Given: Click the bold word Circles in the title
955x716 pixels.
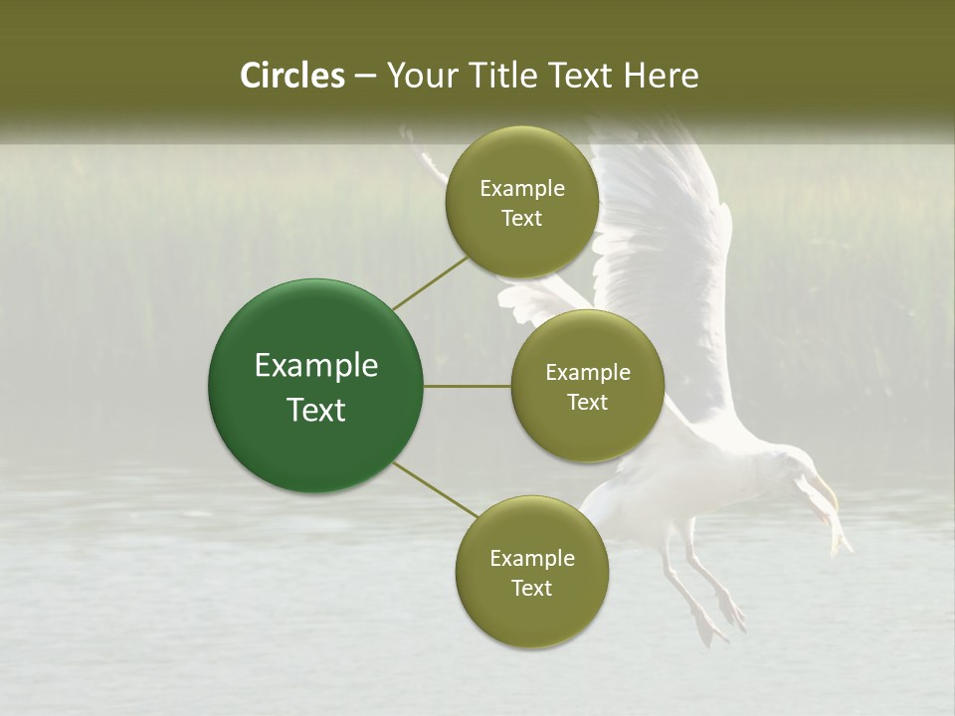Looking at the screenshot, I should pos(292,76).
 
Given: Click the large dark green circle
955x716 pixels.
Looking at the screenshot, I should pos(316,386).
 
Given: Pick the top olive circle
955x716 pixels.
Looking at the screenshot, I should pos(522,203).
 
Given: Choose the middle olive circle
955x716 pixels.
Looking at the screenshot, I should pos(588,387).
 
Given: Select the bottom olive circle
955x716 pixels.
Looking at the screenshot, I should pos(531,573).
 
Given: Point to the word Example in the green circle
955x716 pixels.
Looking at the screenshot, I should pos(316,366).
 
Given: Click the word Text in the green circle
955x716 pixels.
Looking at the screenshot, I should pos(316,409).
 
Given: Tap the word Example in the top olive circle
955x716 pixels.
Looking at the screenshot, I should pos(522,189).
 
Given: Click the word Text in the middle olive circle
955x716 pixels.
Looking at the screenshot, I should pos(588,402).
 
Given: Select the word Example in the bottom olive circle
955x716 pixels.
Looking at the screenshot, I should pos(531,558).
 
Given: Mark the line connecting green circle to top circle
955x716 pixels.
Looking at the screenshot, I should pos(431,282).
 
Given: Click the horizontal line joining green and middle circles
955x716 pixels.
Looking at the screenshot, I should pos(468,386).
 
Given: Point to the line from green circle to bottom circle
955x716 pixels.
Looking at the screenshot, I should pos(436,490).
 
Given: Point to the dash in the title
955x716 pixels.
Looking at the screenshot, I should pos(364,76).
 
